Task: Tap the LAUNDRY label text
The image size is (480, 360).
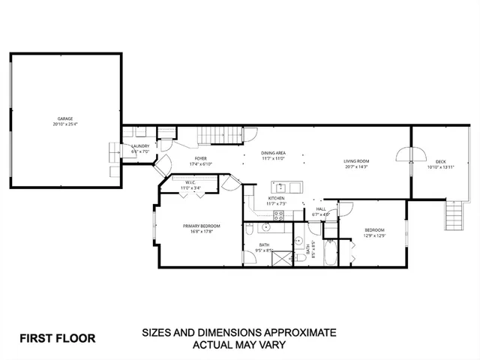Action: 140,146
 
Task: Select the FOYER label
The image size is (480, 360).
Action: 200,159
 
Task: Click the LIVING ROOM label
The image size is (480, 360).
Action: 356,160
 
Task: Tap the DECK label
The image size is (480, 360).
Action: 440,162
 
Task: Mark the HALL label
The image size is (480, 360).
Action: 320,209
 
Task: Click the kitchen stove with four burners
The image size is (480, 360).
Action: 278,214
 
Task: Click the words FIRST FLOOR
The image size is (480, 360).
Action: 57,337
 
